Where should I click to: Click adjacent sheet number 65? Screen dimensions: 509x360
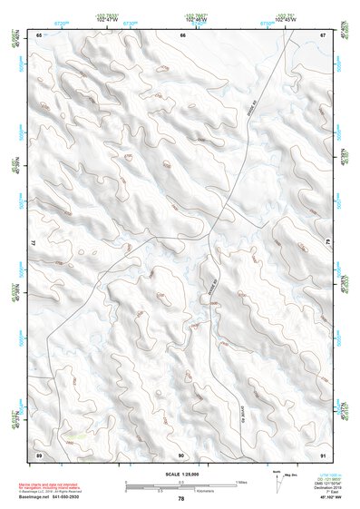tap(39, 34)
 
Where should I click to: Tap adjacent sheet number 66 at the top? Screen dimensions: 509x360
tap(182, 34)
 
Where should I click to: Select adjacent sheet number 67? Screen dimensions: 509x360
tap(323, 34)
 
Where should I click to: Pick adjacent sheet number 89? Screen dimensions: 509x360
tap(39, 454)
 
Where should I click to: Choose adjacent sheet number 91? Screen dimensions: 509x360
tap(323, 454)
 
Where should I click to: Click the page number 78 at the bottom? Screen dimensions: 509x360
tap(181, 499)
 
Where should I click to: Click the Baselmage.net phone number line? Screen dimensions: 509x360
tap(54, 497)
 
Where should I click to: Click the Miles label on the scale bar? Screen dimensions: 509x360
tap(239, 482)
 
